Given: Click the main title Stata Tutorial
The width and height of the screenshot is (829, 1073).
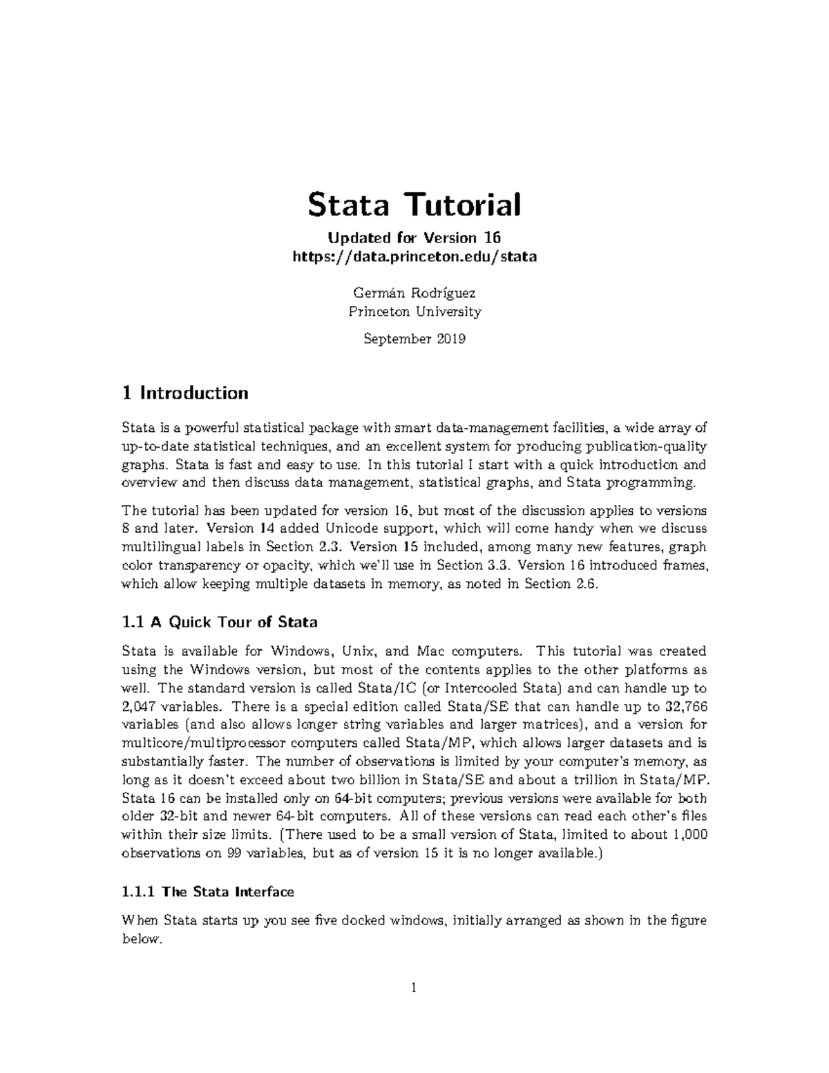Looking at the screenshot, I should coord(414,205).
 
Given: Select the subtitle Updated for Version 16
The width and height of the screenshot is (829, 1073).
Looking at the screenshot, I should coord(414,238).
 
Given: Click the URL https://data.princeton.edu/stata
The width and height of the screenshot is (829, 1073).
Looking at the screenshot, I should coord(414,257).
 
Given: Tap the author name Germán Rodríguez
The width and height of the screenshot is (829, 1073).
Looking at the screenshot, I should coord(414,293).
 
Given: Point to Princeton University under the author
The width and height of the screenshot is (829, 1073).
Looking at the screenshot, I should coord(414,312).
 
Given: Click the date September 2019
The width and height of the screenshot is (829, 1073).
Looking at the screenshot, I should coord(414,339).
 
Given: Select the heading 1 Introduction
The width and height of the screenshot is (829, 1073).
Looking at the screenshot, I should coord(184,393).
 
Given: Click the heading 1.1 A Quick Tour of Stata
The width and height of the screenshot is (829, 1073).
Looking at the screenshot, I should coord(219,622).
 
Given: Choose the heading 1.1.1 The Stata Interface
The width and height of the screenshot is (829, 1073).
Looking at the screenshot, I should coord(207,892).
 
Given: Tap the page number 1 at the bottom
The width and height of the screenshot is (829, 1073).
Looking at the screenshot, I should coord(414,988).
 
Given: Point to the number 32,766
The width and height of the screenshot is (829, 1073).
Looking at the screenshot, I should coord(687,707).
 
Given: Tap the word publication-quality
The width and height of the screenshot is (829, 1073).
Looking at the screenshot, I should coord(646,446).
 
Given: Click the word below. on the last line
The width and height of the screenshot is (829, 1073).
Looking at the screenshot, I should coord(141,940).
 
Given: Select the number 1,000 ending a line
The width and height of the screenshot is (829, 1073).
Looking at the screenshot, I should coord(689,835).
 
